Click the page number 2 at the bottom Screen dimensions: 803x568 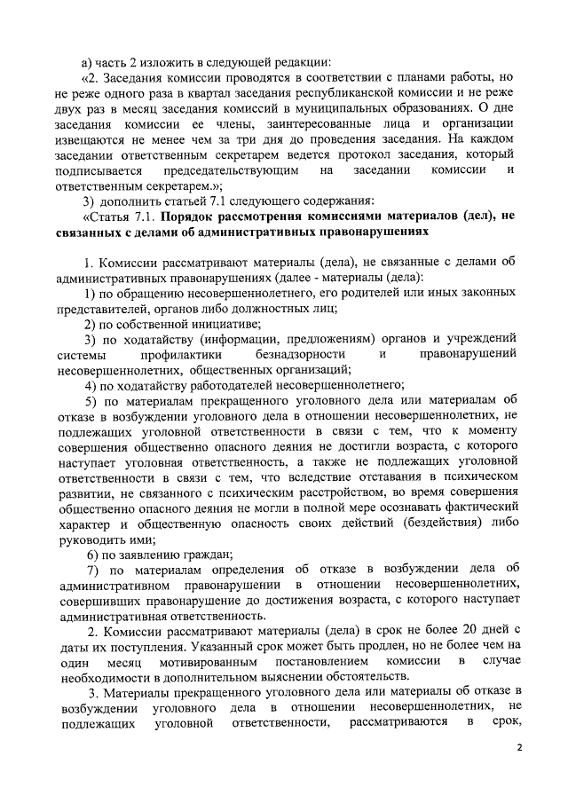[521, 748]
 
